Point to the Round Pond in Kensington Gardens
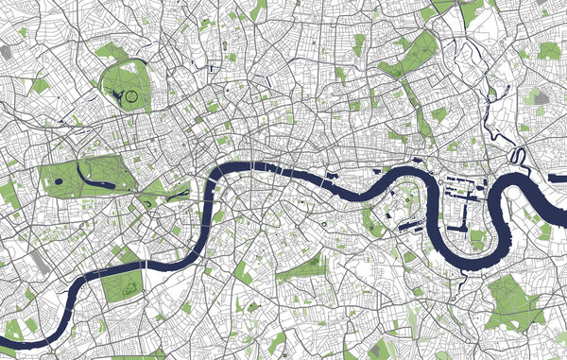[58, 180]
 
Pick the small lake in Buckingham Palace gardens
[148, 199]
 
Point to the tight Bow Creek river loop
[518, 155]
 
